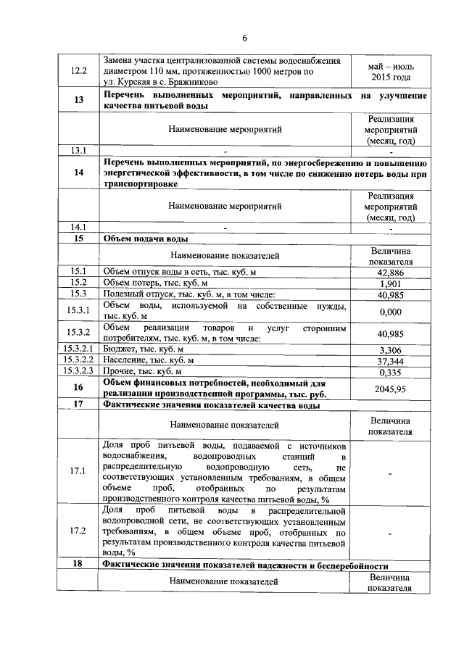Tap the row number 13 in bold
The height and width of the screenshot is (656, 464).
click(x=78, y=100)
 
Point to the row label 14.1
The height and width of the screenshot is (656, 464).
click(x=78, y=227)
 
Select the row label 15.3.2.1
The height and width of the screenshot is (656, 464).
click(x=78, y=349)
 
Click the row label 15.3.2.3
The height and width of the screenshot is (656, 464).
click(x=78, y=372)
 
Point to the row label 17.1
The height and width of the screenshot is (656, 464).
click(x=78, y=472)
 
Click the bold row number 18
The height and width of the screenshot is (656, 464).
click(x=78, y=565)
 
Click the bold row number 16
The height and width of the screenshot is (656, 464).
click(x=78, y=389)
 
